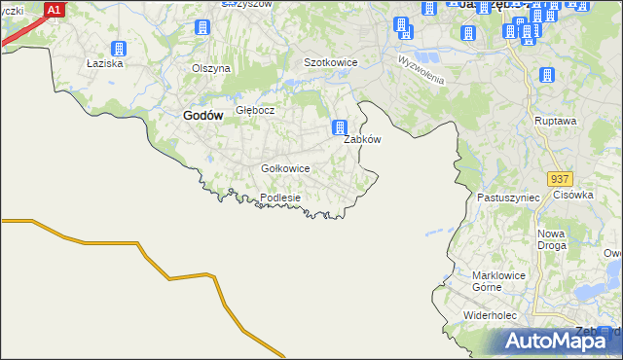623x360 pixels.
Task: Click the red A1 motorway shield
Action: (x=55, y=10)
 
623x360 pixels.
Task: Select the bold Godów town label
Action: (x=203, y=115)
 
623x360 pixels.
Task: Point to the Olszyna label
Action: (x=211, y=69)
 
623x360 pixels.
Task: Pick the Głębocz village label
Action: (x=255, y=110)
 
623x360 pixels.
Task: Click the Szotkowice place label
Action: (x=331, y=62)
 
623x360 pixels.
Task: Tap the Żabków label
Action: (x=362, y=139)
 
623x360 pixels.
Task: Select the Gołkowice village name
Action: (x=286, y=168)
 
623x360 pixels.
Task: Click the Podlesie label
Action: (x=280, y=198)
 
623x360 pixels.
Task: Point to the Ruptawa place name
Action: (x=556, y=121)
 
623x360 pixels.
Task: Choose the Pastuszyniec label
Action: (x=508, y=197)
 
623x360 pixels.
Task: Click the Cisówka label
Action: (x=573, y=194)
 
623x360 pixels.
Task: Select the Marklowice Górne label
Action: (x=499, y=281)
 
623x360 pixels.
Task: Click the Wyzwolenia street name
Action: (x=421, y=69)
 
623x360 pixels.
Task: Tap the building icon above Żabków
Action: (x=340, y=127)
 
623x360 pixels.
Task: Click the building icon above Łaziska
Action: (x=119, y=49)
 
